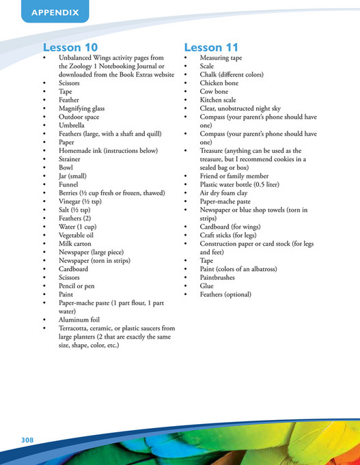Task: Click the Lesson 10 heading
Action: pyautogui.click(x=70, y=47)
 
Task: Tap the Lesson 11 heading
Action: pyautogui.click(x=211, y=47)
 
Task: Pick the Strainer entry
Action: pyautogui.click(x=72, y=159)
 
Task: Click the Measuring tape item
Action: pyautogui.click(x=221, y=59)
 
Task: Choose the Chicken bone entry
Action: pyautogui.click(x=220, y=83)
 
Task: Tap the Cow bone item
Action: pyautogui.click(x=214, y=92)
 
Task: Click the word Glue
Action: pyautogui.click(x=206, y=286)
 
